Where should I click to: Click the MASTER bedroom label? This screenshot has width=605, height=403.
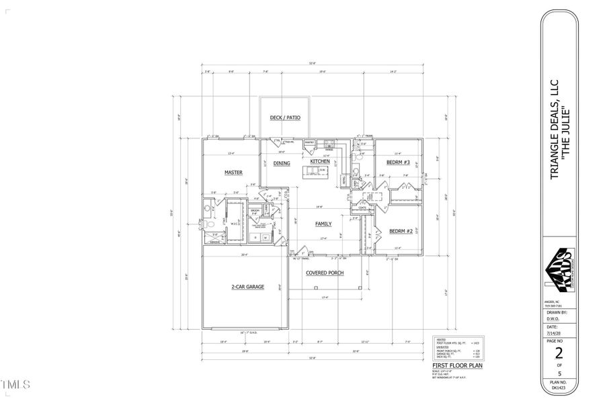[x=233, y=173]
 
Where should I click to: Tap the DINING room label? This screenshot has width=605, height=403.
[x=281, y=163]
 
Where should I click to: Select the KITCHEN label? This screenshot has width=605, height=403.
[x=319, y=163]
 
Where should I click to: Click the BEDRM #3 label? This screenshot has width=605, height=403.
[x=398, y=163]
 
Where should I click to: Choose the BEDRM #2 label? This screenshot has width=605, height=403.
[x=401, y=232]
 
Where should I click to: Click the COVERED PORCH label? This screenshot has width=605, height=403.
[x=325, y=273]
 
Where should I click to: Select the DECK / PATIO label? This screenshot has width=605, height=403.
[x=285, y=118]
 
